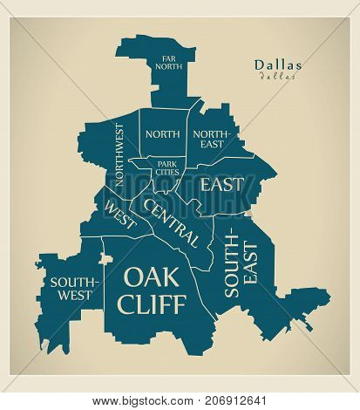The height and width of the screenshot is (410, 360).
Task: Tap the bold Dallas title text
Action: (x=279, y=64)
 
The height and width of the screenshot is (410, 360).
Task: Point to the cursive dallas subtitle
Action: (x=279, y=76)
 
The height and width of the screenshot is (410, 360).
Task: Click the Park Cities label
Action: (x=167, y=167)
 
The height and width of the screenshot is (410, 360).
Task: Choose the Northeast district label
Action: (x=213, y=139)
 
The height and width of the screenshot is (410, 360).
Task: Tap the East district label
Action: (x=221, y=185)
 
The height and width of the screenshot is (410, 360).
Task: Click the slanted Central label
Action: (x=173, y=222)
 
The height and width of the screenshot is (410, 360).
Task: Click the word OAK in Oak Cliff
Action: (x=153, y=277)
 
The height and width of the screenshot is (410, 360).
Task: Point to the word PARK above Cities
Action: (x=167, y=161)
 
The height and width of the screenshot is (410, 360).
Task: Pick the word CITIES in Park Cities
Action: (x=167, y=172)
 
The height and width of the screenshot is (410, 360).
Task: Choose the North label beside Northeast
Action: (x=163, y=134)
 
